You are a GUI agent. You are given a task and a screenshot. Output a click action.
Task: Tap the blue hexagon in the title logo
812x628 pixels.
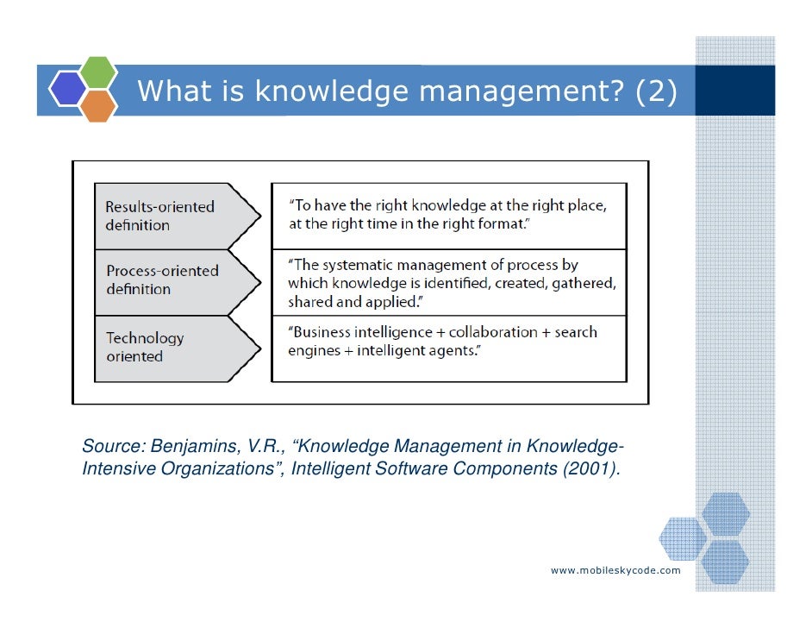pos(68,88)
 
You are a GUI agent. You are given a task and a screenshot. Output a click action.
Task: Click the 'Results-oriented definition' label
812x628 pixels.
pos(159,216)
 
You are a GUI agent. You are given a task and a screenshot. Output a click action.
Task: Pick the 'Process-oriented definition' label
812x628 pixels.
pos(162,279)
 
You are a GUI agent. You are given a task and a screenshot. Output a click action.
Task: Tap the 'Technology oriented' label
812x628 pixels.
pos(145,347)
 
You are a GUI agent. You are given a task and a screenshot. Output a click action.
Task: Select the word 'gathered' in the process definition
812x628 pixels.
pos(584,282)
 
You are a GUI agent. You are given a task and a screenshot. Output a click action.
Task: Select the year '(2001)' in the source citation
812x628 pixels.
pos(593,469)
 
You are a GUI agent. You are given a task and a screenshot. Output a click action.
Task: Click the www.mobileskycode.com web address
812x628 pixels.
pos(615,570)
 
